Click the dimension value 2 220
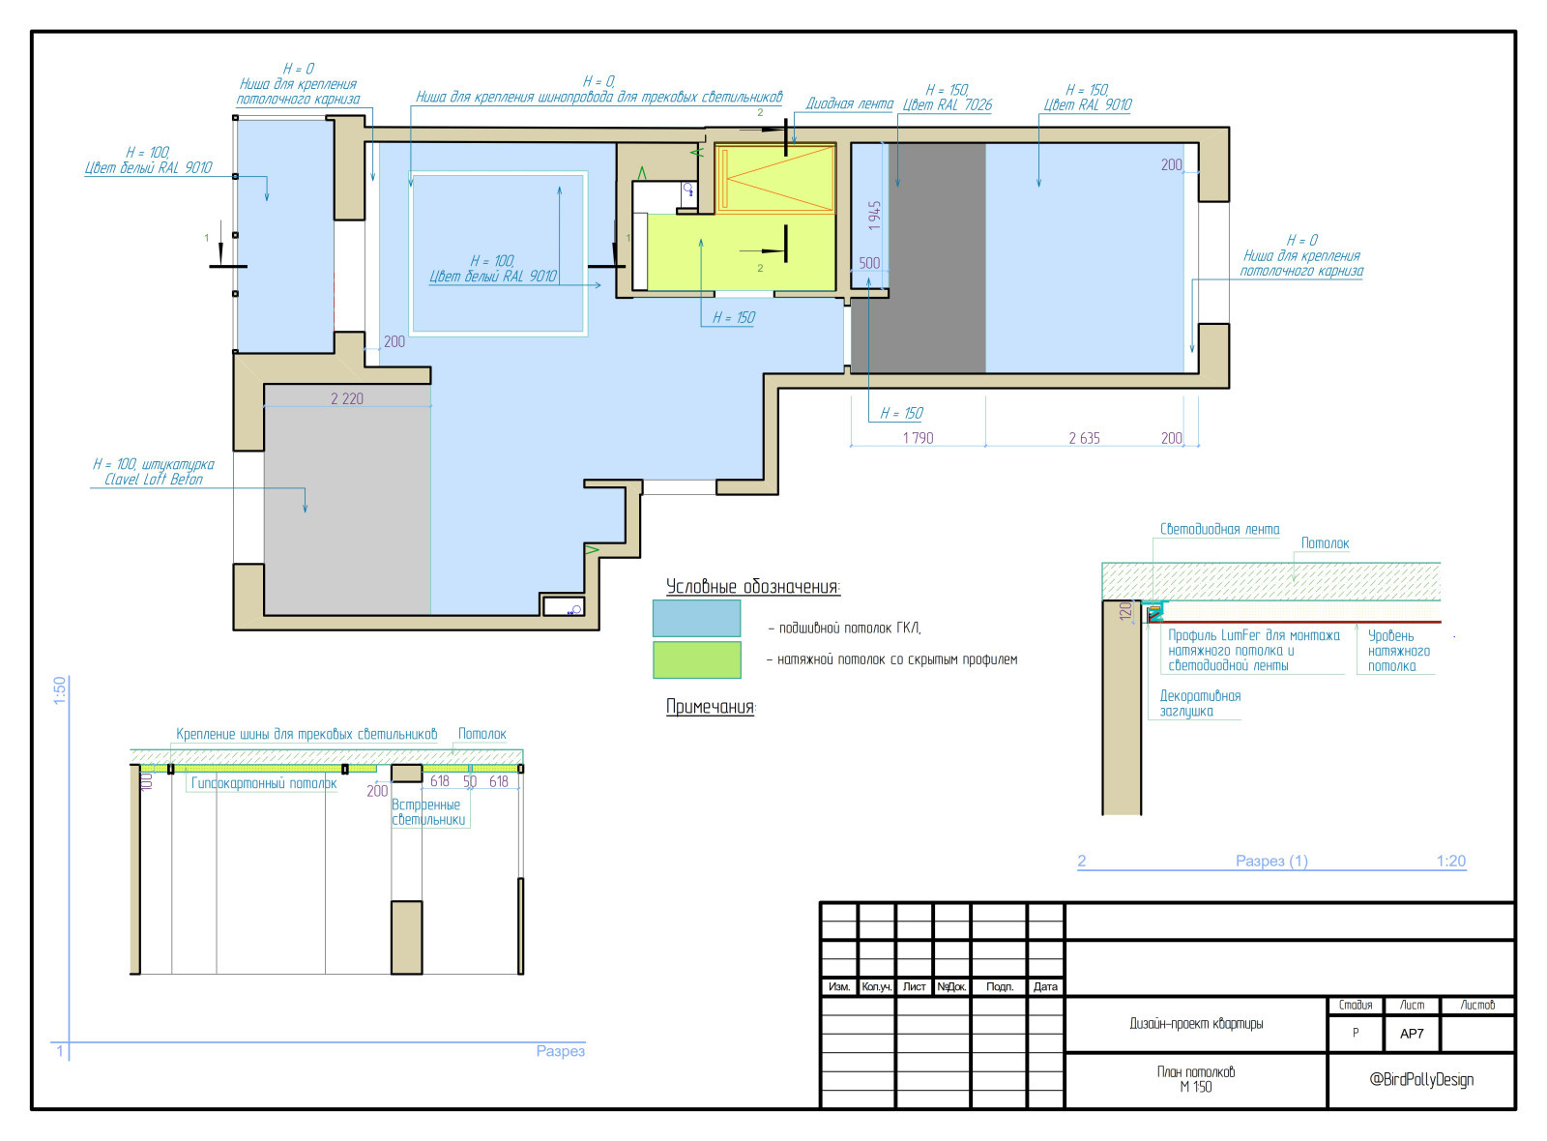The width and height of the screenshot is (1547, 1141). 347,398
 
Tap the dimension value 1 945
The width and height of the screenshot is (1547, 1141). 875,216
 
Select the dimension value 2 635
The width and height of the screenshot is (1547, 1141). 1084,438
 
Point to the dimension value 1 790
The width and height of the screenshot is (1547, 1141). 918,438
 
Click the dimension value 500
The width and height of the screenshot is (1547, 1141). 869,263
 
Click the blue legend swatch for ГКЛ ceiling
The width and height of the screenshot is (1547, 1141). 697,618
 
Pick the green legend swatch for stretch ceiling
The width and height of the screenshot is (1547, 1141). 697,660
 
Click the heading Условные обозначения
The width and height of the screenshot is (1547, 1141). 753,587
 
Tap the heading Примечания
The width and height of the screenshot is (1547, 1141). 711,707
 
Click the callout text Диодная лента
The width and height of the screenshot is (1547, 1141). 850,103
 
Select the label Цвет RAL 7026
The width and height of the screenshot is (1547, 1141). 948,105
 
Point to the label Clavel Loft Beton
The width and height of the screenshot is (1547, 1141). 154,480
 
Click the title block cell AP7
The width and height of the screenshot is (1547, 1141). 1412,1034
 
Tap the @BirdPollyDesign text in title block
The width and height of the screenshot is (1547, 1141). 1421,1079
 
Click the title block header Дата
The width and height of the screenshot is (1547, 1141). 1045,986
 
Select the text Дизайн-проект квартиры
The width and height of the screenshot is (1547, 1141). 1196,1024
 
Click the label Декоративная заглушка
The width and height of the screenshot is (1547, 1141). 1200,703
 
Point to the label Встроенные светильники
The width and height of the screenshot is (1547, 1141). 428,812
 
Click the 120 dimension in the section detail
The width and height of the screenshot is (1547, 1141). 1125,610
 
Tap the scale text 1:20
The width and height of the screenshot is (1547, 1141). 1451,861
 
